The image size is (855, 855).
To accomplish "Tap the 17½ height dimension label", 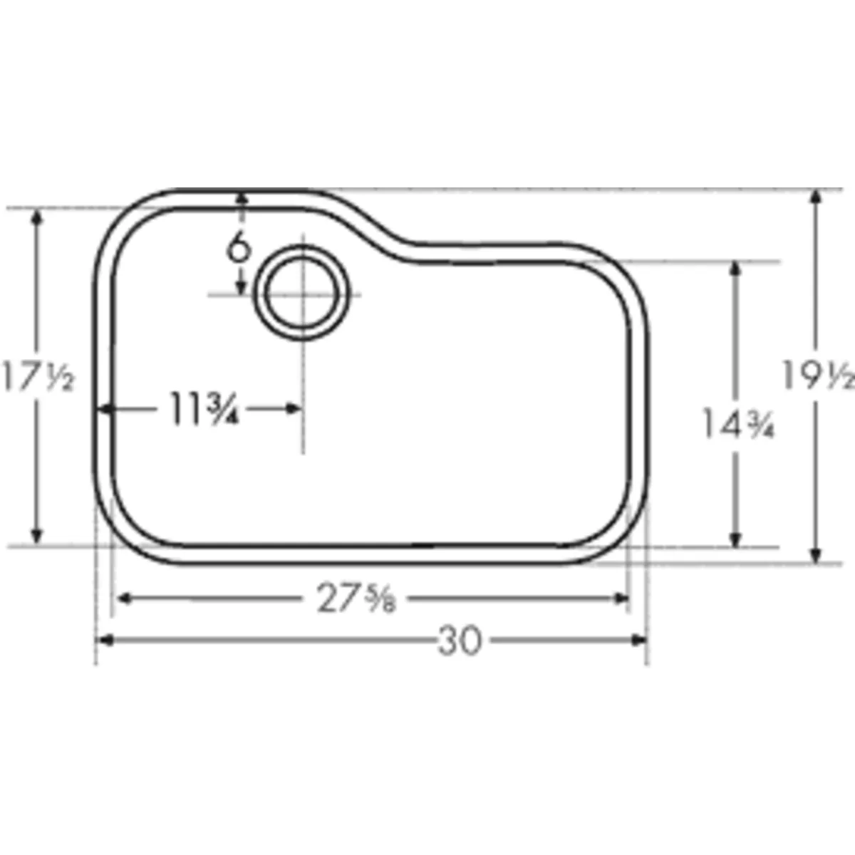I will click(37, 375).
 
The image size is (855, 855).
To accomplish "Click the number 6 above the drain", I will click(240, 249).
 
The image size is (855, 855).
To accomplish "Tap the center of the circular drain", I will click(304, 294).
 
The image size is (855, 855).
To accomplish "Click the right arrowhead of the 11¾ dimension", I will click(293, 409).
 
